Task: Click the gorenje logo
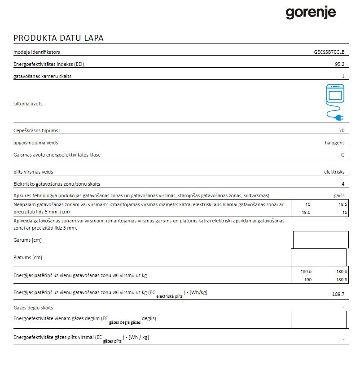[311, 13]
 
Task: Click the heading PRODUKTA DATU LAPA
[58, 38]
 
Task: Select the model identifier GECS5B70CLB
[329, 52]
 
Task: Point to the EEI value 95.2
[339, 65]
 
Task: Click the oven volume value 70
[342, 131]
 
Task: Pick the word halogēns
[334, 143]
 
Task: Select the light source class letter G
[342, 155]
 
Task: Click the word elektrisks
[334, 172]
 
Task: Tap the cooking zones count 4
[343, 184]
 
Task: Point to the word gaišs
[339, 196]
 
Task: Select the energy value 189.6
[342, 272]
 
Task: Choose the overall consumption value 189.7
[338, 294]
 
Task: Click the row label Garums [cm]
[28, 240]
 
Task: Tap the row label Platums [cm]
[28, 258]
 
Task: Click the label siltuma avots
[28, 104]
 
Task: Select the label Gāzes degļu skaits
[36, 308]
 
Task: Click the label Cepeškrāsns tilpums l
[37, 131]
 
